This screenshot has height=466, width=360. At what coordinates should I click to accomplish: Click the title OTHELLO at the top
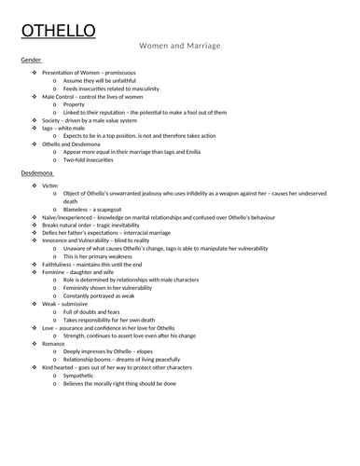click(x=58, y=33)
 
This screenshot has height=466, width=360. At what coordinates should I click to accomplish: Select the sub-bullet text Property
click(x=75, y=106)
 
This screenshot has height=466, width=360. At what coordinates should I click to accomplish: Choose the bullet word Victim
click(x=52, y=187)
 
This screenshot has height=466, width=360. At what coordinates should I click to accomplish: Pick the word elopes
click(x=157, y=352)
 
